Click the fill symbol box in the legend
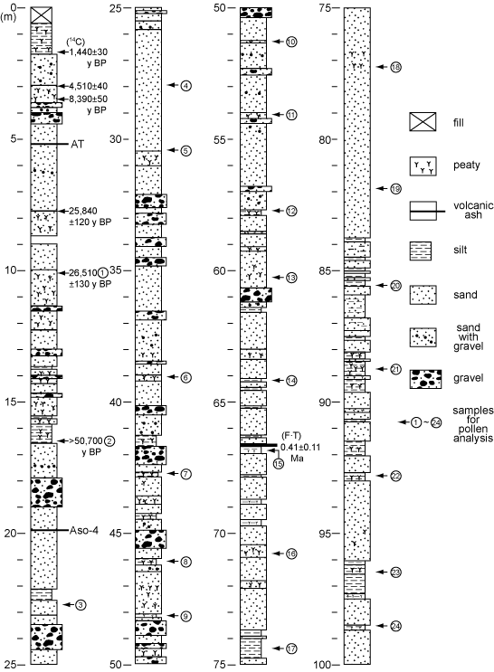point(423,122)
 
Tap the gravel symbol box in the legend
point(426,379)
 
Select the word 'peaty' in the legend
point(467,166)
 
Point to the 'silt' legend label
point(461,250)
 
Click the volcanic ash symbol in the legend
point(427,211)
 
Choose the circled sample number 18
point(395,67)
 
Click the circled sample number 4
point(185,86)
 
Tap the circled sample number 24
point(395,626)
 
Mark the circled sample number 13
point(291,278)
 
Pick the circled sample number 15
point(279,464)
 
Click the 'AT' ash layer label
point(77,144)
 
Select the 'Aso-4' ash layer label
point(84,531)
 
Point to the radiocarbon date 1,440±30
point(88,52)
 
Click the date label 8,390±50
point(88,99)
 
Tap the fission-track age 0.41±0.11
point(300,447)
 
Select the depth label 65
point(220,402)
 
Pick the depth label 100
point(321,665)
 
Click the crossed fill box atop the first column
point(42,15)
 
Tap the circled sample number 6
point(185,377)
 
